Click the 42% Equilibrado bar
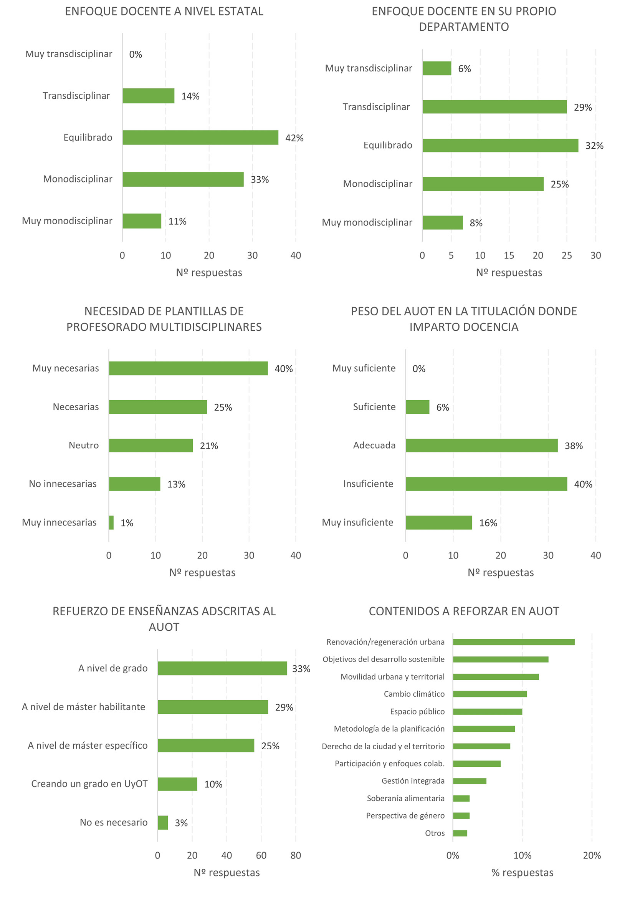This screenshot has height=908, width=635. [x=200, y=137]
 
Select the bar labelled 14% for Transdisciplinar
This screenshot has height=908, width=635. [x=148, y=96]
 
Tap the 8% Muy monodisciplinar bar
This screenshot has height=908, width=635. [x=442, y=222]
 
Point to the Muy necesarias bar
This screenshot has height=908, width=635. [x=188, y=368]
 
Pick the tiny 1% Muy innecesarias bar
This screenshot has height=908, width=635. [x=111, y=522]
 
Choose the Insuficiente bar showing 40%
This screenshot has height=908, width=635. [x=486, y=484]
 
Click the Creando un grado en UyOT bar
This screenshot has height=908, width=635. [x=177, y=784]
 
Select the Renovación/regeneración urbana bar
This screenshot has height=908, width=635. [x=513, y=642]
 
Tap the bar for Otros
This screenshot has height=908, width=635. [x=460, y=833]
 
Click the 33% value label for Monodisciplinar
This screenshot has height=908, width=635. [x=260, y=179]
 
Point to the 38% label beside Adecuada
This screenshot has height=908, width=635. [x=573, y=446]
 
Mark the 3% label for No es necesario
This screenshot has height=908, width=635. [x=181, y=823]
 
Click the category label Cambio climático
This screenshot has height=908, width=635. [x=413, y=694]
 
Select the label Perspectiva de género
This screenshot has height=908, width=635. [x=405, y=815]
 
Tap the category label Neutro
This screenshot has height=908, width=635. [x=83, y=445]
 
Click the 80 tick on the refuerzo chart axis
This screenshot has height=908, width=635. [x=295, y=855]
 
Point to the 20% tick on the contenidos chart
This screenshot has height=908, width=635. [x=592, y=855]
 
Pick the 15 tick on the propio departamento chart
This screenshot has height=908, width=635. [x=508, y=255]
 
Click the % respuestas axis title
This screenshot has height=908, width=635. [x=522, y=872]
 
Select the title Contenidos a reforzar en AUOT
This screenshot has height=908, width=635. [x=463, y=611]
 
